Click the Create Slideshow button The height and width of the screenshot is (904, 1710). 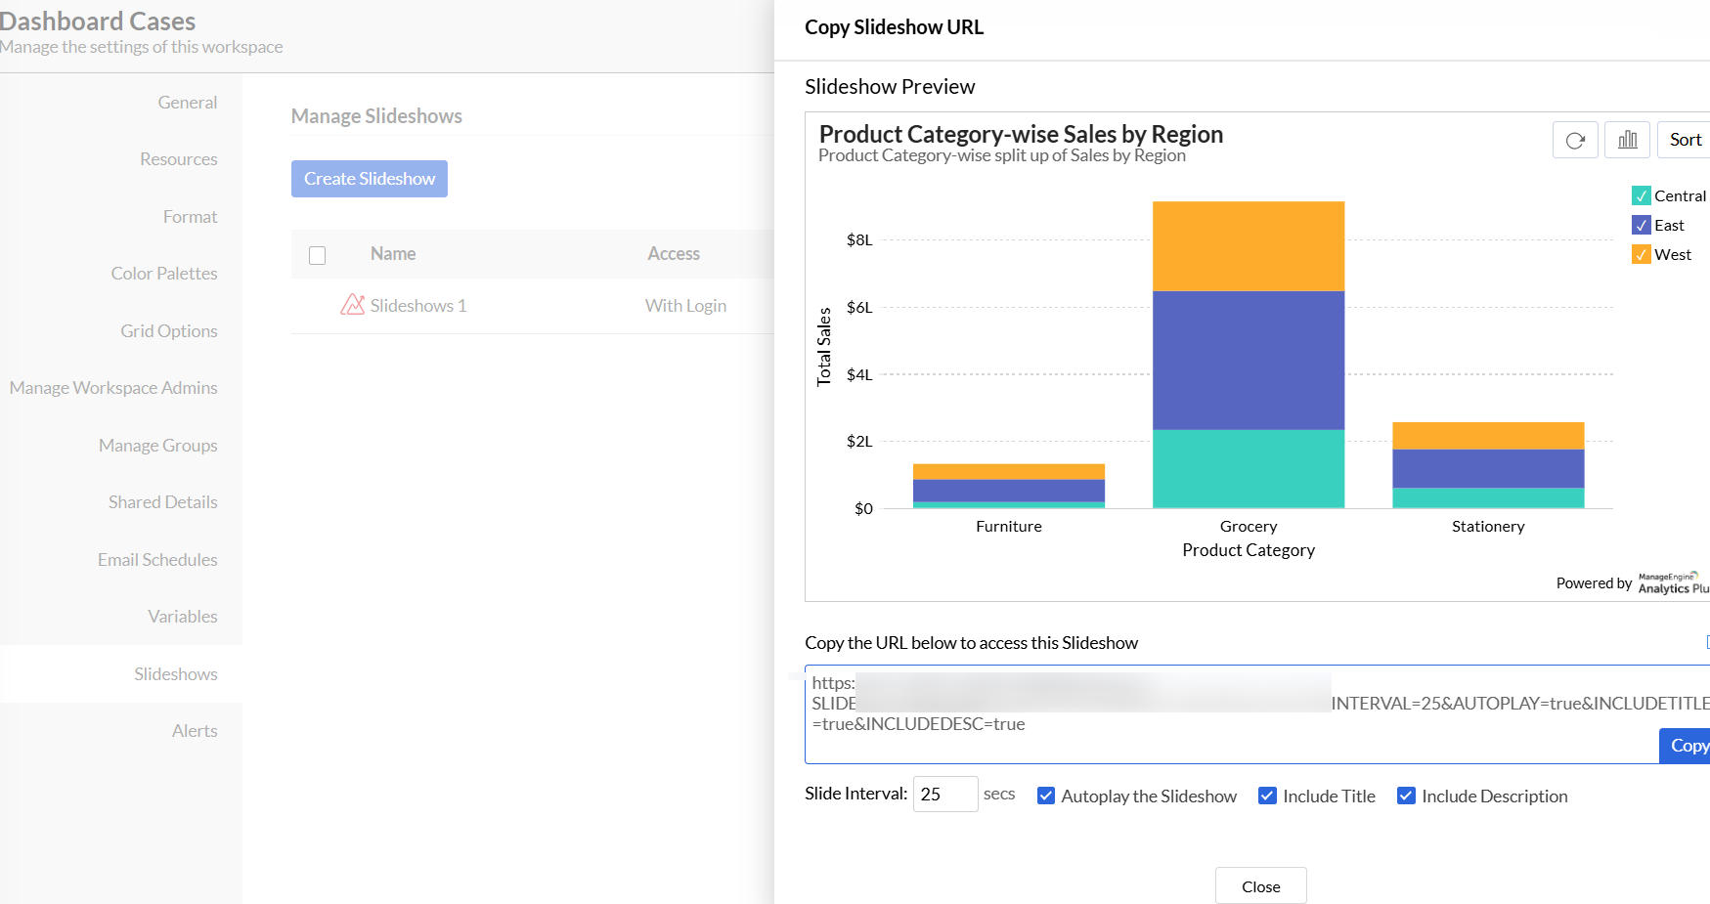369,179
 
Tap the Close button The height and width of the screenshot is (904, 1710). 1260,886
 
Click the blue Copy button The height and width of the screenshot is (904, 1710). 1686,746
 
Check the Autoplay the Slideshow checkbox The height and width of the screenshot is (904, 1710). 1046,796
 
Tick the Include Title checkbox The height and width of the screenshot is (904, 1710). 1267,796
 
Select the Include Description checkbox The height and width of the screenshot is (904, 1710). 1406,796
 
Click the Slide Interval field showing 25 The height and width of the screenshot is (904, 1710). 944,795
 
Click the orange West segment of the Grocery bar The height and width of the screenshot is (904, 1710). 1249,246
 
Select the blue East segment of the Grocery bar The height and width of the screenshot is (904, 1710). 1249,360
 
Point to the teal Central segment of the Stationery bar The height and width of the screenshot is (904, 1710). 1488,497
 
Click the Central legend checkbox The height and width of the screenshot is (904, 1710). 1642,195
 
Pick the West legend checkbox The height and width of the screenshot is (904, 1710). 1642,254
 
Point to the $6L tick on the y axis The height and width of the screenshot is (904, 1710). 859,307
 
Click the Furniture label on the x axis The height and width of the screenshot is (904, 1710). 1008,526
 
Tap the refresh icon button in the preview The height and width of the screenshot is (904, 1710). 1575,140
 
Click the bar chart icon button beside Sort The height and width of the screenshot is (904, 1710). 1628,140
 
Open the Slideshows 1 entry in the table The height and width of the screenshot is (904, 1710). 417,306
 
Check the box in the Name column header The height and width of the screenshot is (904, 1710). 317,255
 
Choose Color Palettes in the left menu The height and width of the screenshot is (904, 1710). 164,274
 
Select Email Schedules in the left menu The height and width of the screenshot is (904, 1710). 157,560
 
